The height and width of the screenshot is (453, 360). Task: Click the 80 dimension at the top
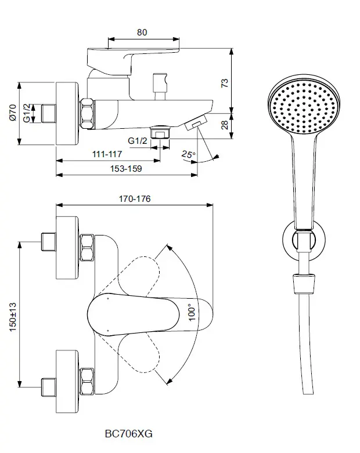point(142,32)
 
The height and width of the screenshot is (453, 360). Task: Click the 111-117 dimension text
point(106,154)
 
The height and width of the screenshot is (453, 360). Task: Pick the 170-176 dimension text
point(135,198)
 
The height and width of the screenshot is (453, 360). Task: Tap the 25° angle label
point(188,154)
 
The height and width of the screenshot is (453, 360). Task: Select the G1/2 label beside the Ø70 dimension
point(27,113)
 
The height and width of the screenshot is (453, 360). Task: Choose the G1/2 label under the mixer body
point(138,140)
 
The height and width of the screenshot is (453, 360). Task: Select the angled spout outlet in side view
point(197,122)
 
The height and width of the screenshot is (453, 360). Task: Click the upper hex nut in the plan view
point(88,249)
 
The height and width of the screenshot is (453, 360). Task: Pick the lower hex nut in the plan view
point(88,382)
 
